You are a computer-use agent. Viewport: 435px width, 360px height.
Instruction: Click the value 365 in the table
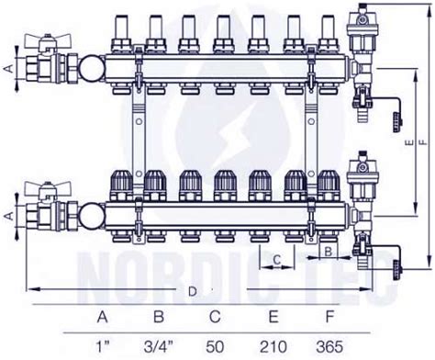pos(329,347)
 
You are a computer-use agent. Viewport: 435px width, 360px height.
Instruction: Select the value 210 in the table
pos(273,347)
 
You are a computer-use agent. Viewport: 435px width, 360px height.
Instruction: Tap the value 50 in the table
pos(215,347)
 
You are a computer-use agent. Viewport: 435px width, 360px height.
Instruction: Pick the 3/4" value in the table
pos(159,347)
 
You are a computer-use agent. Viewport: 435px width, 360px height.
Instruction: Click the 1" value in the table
pos(103,346)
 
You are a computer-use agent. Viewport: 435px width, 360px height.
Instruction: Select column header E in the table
pos(273,317)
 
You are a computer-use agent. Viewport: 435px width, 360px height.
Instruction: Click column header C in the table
pos(215,317)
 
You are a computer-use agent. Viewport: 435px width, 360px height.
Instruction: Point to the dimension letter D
pos(192,291)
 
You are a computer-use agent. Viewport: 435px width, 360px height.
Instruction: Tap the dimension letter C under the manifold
pos(277,260)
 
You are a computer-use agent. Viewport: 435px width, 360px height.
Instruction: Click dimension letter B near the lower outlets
pos(329,252)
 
